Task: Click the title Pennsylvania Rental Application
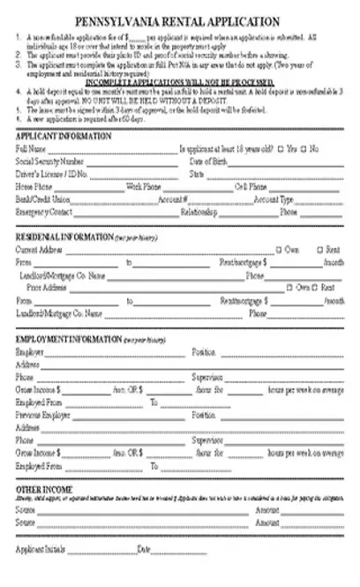tap(179, 20)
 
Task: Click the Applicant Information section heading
tap(64, 136)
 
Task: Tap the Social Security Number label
tap(50, 162)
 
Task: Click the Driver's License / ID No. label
tap(52, 175)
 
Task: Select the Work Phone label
tap(144, 187)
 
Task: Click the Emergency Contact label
tap(44, 212)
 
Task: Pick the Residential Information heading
tap(64, 237)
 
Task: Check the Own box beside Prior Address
tap(290, 288)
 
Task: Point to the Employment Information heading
tap(69, 339)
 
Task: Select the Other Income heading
tap(41, 488)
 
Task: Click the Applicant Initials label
tap(41, 550)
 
